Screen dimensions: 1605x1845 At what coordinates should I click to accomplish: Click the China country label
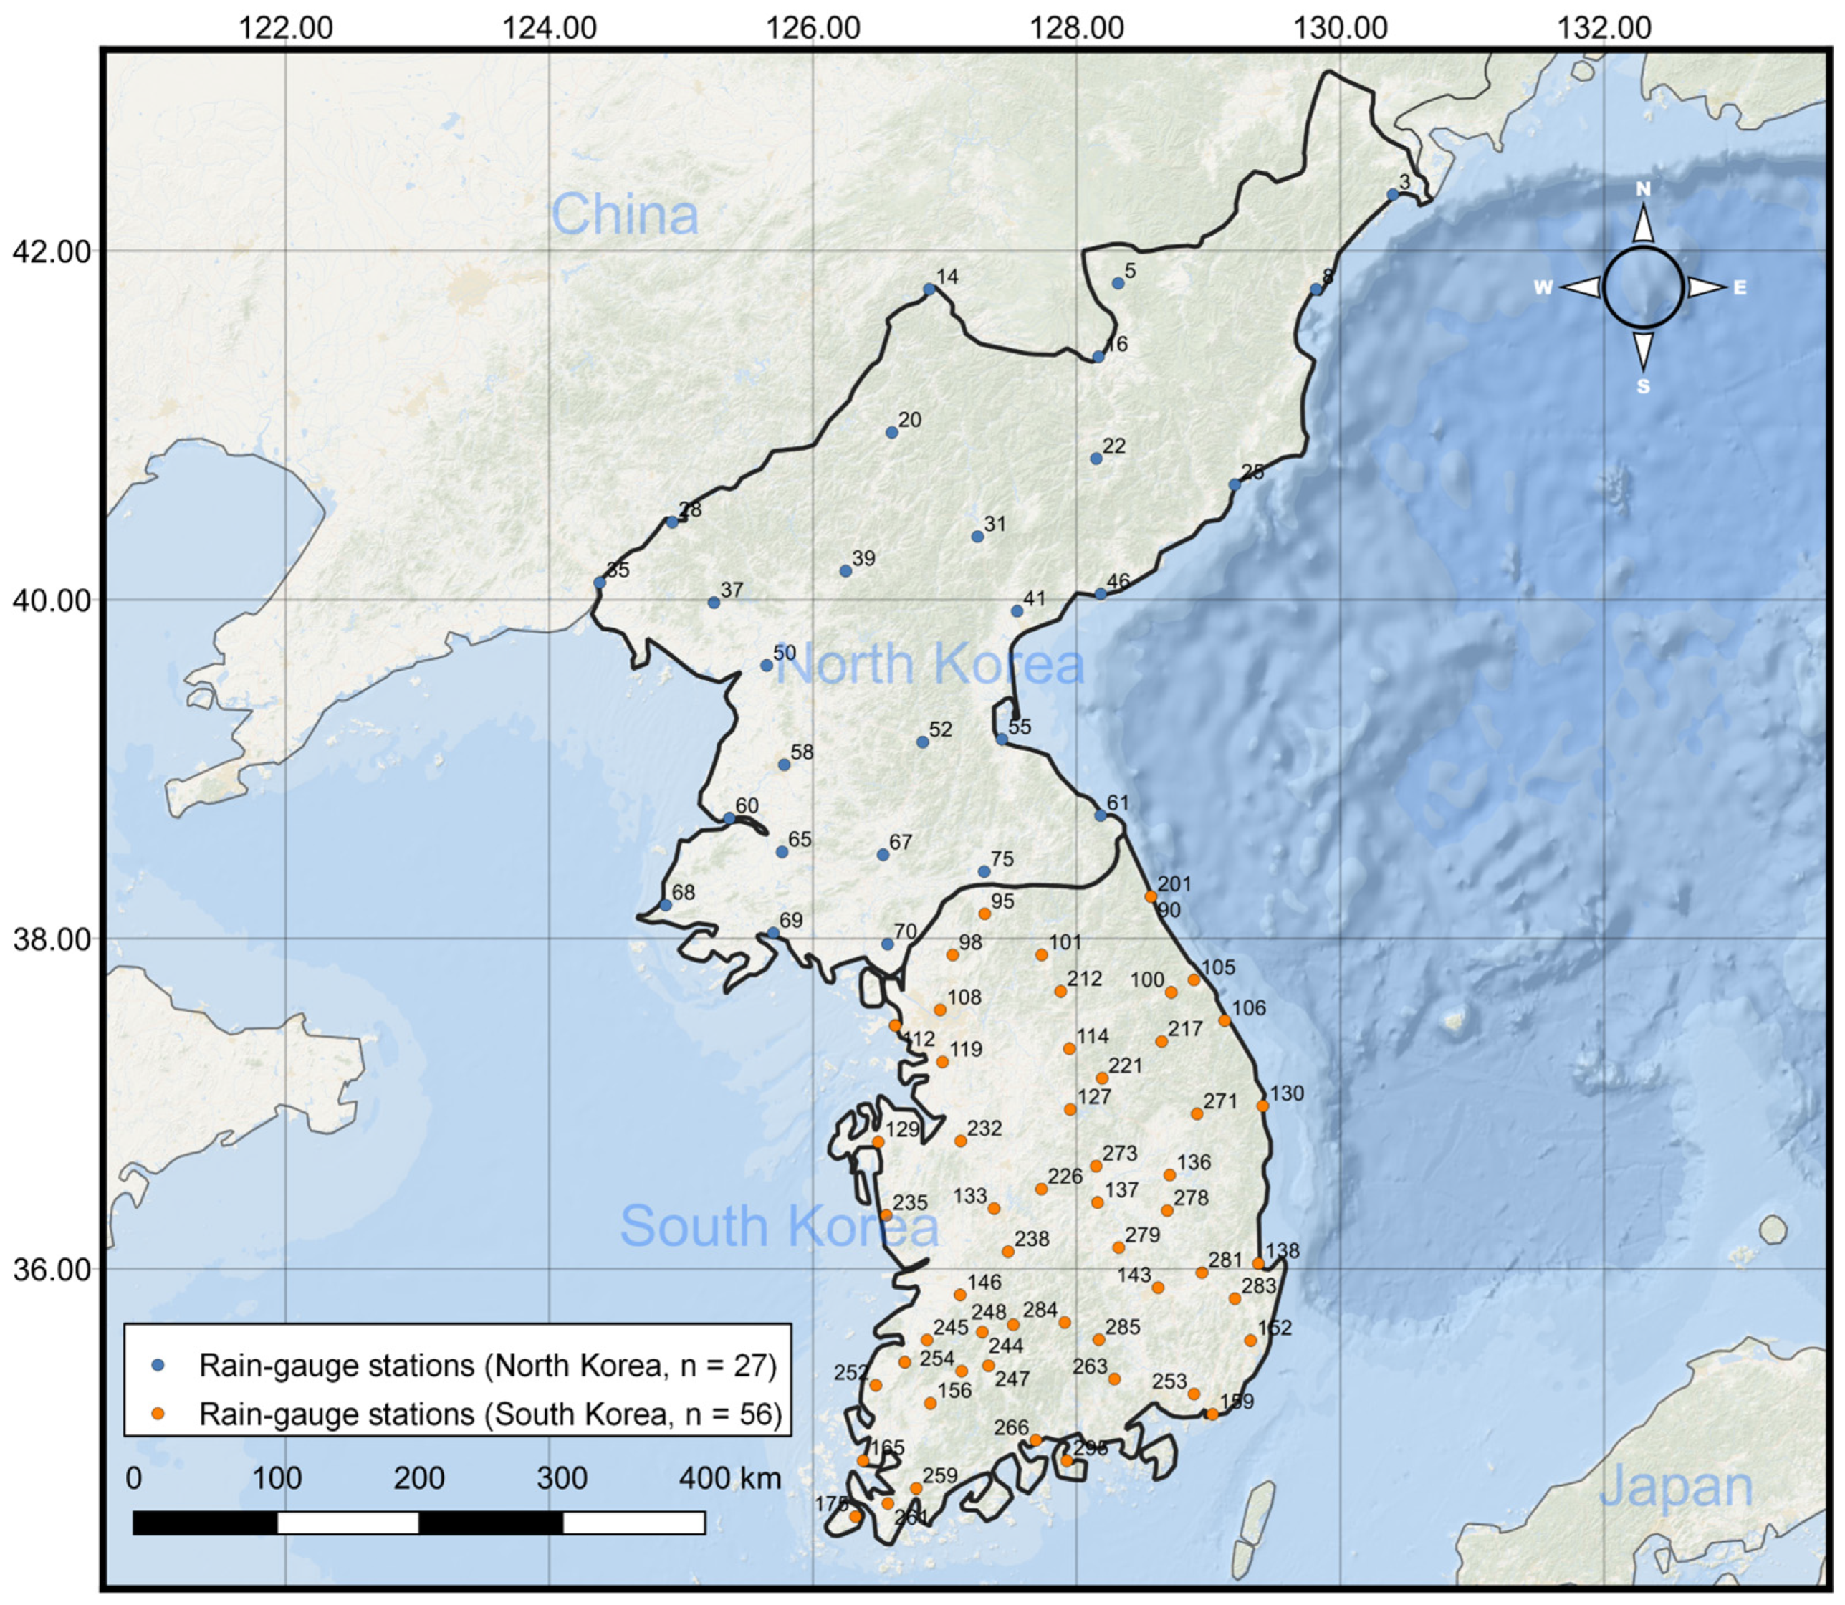tap(624, 215)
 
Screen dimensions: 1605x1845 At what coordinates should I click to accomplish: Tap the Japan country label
tap(1676, 1487)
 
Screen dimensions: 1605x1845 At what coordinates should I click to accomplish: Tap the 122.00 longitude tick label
tap(286, 29)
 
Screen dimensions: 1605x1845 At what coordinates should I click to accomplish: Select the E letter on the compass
tap(1740, 287)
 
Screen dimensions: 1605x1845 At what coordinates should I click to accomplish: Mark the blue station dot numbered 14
tap(929, 289)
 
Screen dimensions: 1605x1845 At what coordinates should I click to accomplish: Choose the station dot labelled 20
tap(891, 433)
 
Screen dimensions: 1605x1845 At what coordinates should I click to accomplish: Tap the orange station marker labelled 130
tap(1262, 1106)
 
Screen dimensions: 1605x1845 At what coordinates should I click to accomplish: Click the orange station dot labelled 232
tap(960, 1141)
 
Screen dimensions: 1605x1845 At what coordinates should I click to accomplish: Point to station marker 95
tap(984, 914)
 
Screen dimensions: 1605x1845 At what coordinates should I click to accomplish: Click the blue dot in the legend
tap(158, 1366)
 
